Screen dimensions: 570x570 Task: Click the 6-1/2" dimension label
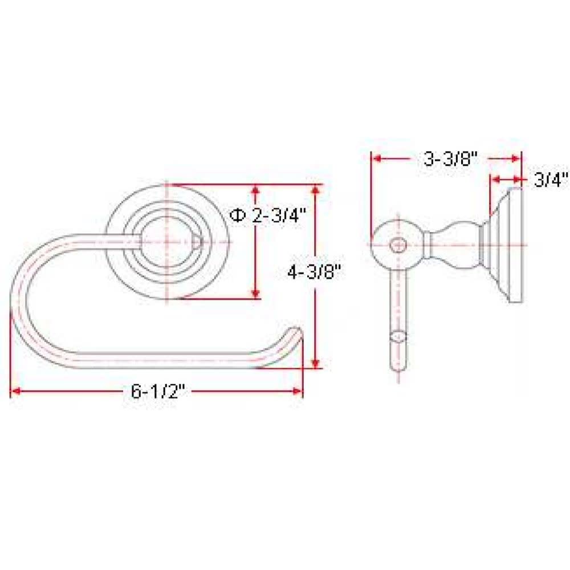158,392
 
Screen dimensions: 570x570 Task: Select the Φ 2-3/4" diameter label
266,216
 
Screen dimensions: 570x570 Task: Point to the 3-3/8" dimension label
450,159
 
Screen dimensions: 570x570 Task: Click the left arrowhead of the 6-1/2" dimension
14,392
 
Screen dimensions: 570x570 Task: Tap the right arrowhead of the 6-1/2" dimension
298,392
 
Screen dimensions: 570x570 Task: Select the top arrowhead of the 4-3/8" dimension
316,189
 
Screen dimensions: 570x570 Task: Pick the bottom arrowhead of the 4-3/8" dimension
316,363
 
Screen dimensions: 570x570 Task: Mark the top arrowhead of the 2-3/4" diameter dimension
255,189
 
